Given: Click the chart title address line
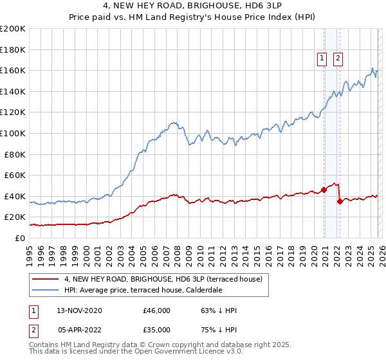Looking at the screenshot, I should [x=193, y=7].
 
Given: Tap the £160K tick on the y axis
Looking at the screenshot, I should [x=13, y=70].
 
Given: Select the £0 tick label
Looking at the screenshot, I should [x=19, y=238].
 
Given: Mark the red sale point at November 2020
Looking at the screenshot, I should [x=324, y=190].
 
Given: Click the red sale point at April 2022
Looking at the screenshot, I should [x=339, y=201].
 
